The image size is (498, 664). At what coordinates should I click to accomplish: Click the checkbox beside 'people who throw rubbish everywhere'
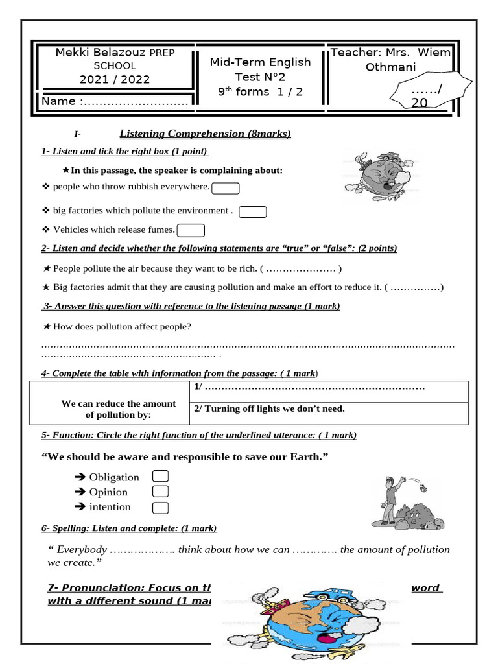[226, 188]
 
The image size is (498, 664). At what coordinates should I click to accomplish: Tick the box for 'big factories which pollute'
[253, 212]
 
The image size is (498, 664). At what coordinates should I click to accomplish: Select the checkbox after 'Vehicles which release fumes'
[191, 230]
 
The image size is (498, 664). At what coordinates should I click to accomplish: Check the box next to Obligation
[160, 477]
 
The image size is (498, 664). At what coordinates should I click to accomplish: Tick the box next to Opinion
[160, 492]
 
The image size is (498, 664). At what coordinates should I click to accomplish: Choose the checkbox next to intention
[160, 508]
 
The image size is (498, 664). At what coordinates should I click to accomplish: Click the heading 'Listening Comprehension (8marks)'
[205, 134]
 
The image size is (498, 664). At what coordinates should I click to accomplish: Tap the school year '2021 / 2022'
[114, 80]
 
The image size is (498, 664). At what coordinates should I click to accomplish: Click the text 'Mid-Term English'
[260, 62]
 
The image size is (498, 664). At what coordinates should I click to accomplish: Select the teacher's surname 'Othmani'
[390, 67]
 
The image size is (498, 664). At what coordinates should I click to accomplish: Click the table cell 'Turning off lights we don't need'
[270, 409]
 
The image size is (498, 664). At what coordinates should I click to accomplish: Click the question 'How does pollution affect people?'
[122, 326]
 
